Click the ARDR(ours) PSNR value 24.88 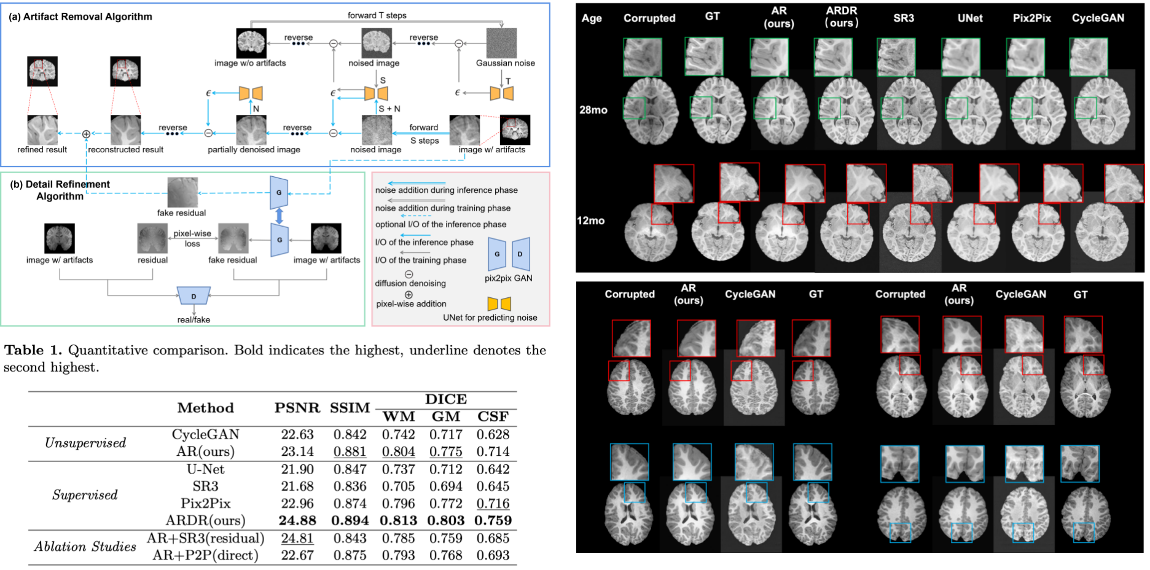coord(297,520)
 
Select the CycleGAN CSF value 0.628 coord(493,434)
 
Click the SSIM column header coord(350,408)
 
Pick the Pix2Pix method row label coord(205,503)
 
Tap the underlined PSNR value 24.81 coord(297,538)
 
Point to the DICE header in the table coord(446,399)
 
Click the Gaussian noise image coord(501,43)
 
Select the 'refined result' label coord(42,149)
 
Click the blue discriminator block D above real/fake coord(194,296)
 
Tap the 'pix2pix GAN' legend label coord(508,278)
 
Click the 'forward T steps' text coord(377,15)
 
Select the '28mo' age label coord(593,110)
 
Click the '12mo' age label coord(590,221)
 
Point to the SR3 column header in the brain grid coord(903,18)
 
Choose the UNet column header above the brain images coord(969,18)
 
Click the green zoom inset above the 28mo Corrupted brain coord(642,57)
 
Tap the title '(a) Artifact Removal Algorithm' coord(80,17)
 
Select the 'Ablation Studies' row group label coord(85,546)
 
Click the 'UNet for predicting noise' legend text coord(490,318)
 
